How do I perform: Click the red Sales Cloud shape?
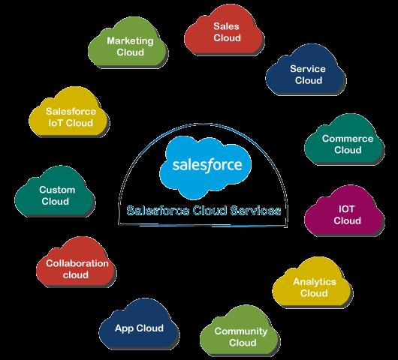click(x=223, y=31)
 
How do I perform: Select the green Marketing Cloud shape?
click(x=128, y=44)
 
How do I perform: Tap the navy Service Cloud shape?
click(x=306, y=72)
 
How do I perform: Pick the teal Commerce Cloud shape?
click(x=345, y=142)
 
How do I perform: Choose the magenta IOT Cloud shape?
click(x=345, y=212)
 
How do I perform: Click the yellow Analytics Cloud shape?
click(x=312, y=284)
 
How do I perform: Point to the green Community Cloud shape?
click(x=240, y=332)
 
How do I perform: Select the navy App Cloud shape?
click(x=139, y=325)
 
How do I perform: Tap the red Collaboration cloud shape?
click(x=76, y=264)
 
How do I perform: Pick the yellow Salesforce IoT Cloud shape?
click(x=69, y=114)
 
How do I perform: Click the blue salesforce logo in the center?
click(x=205, y=167)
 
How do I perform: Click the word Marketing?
click(x=130, y=41)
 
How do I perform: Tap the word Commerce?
click(x=348, y=139)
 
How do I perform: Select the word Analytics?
click(x=315, y=282)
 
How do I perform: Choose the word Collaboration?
click(x=77, y=263)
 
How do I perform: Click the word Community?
click(x=241, y=331)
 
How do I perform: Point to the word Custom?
click(x=57, y=190)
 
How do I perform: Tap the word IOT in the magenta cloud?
click(x=346, y=209)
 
